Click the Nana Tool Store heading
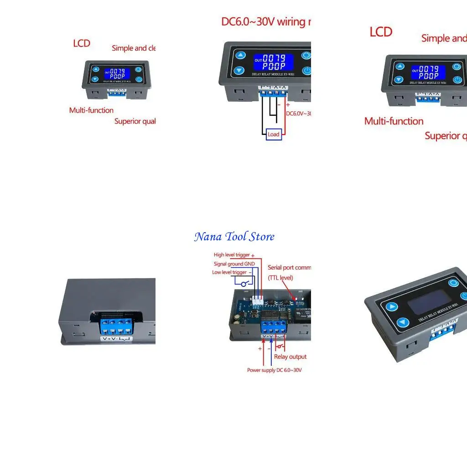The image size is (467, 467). tap(234, 237)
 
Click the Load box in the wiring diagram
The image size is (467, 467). tap(274, 134)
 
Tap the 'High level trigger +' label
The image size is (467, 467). tap(234, 255)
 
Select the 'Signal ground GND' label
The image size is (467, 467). tap(234, 264)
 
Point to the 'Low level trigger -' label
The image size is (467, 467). tap(232, 272)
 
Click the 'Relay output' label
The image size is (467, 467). tap(290, 357)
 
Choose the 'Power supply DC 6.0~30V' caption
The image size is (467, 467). tap(275, 370)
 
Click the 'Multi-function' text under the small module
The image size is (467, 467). tap(91, 110)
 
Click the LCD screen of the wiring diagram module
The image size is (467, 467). tap(273, 62)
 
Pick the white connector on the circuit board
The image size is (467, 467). tap(258, 300)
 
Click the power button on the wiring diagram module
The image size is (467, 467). tap(306, 71)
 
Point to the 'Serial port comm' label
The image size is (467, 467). tap(289, 268)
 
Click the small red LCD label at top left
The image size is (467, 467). tap(82, 43)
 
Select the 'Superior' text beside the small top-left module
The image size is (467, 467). tap(135, 121)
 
